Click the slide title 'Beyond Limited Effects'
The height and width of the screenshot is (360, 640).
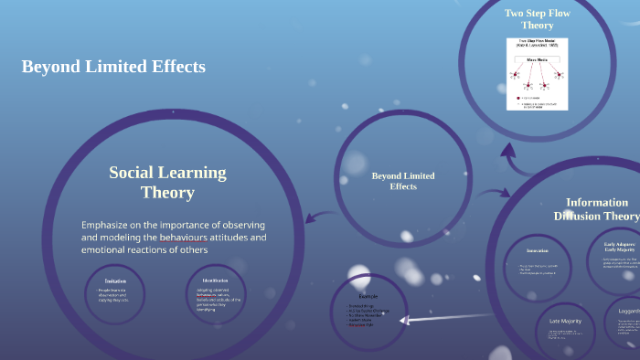coord(113,67)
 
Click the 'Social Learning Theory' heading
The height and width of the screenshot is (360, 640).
coord(167,182)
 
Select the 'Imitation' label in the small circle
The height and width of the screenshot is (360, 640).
coord(115,281)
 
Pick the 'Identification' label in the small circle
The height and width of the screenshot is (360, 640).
coord(214,281)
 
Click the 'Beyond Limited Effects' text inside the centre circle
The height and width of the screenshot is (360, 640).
coord(403,181)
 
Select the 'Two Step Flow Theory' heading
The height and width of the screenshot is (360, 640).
coord(536,18)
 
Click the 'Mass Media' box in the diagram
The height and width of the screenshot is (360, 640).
coord(537,58)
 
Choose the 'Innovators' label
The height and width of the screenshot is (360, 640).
coord(538,250)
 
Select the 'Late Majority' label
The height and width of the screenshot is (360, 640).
coord(566,321)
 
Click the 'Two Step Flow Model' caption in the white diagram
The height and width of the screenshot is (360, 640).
coord(537,43)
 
